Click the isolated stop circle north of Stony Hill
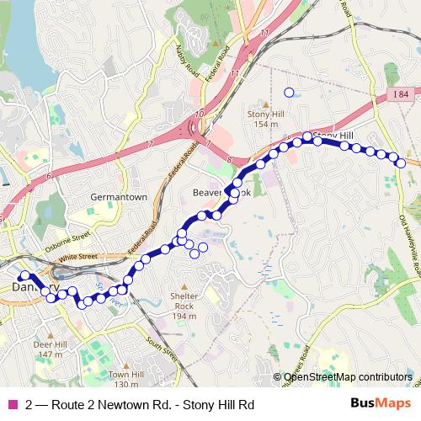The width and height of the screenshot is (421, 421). (289, 93)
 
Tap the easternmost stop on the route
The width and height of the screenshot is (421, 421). (402, 163)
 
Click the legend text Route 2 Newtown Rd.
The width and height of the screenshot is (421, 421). (139, 404)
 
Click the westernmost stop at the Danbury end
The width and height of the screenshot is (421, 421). (23, 276)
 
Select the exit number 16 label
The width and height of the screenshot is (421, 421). (198, 114)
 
